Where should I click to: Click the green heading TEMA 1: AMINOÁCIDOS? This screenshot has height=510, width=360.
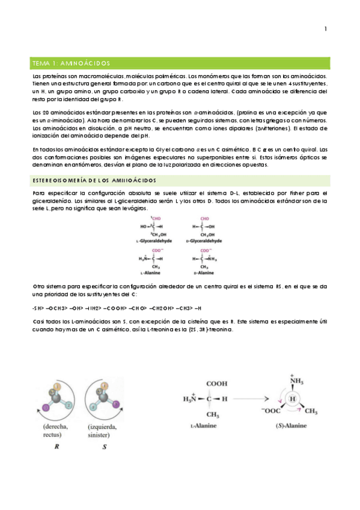70,63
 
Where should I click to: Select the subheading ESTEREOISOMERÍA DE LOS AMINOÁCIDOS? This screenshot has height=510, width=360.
94,179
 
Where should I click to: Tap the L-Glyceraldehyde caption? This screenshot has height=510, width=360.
154,240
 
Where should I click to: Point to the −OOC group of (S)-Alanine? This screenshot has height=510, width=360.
269,411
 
